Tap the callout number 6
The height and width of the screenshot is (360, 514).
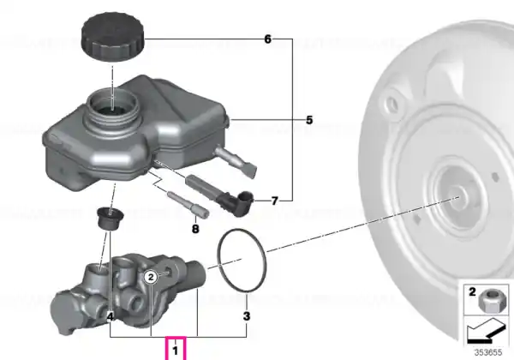pos(268,39)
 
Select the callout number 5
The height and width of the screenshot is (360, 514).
pos(309,120)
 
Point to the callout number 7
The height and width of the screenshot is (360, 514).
pos(275,201)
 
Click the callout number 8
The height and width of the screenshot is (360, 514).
pos(195,229)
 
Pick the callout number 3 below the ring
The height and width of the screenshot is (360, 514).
pos(247,316)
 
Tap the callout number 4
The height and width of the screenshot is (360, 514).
pos(111,317)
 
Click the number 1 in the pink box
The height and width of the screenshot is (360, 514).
pos(176,351)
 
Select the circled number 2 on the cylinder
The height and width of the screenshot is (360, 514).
pos(151,278)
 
